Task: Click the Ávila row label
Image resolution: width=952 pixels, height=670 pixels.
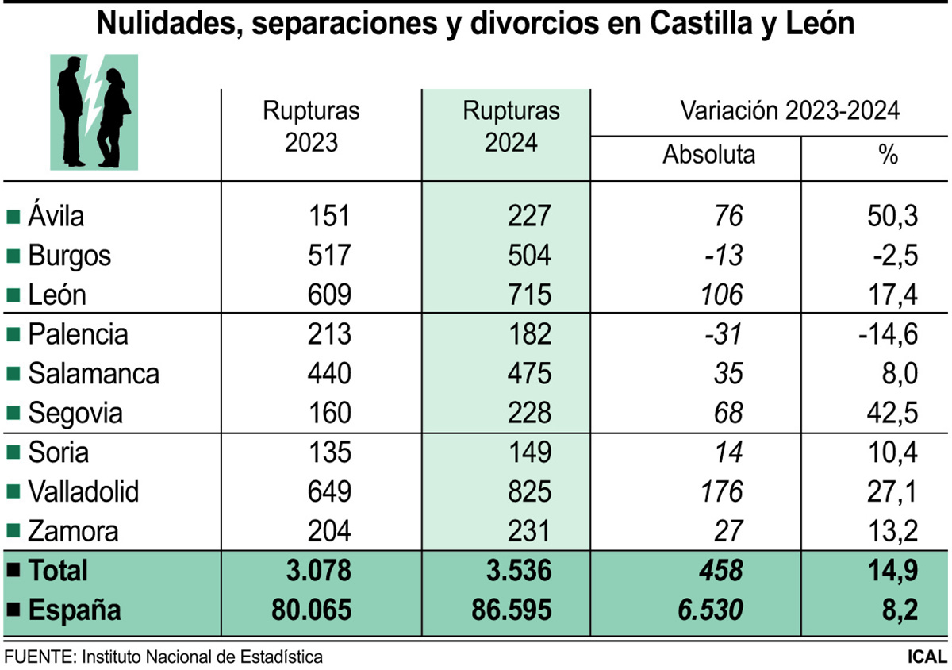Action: [56, 216]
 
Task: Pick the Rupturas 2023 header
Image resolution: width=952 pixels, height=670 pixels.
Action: [311, 126]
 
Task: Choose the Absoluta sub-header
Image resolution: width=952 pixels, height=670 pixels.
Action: [708, 154]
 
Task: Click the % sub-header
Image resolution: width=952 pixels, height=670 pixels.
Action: [888, 154]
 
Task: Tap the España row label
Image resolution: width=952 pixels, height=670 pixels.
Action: [75, 610]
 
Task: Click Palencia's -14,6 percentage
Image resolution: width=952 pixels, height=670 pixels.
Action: [888, 334]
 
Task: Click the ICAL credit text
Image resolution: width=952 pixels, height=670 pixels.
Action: [927, 657]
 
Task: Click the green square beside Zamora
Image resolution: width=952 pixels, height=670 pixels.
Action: [12, 532]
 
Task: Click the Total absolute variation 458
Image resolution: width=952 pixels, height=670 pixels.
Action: [719, 571]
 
